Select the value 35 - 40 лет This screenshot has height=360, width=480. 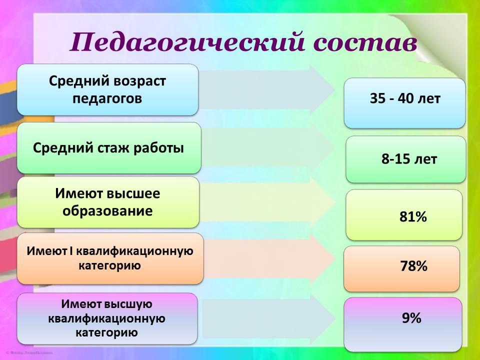click(405, 98)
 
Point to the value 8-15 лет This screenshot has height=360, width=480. click(409, 159)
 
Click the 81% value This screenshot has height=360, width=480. click(413, 216)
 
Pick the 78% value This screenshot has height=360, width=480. click(413, 265)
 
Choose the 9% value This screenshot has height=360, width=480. click(411, 318)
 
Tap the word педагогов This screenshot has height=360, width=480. click(107, 99)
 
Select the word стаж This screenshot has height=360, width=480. click(113, 148)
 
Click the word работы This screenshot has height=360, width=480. click(158, 148)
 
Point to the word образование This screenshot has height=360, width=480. click(107, 211)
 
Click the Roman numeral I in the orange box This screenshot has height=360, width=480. click(71, 250)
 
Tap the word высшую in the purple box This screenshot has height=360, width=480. click(128, 304)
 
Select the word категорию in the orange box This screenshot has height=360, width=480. click(109, 265)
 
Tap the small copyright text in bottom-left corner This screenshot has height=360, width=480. click(29, 352)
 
